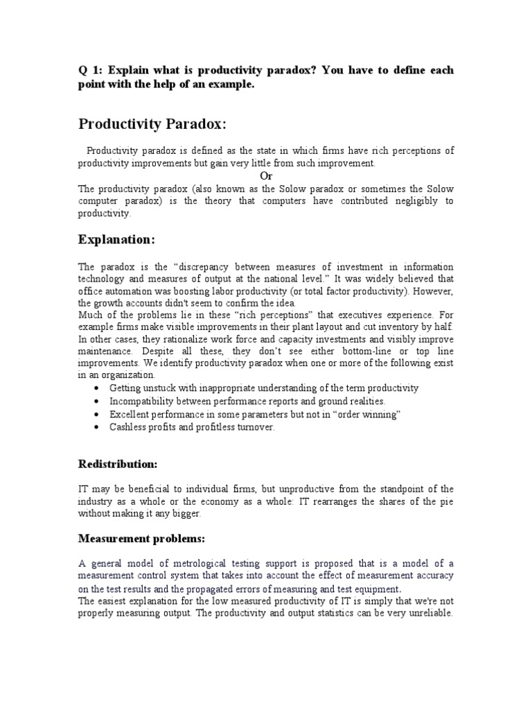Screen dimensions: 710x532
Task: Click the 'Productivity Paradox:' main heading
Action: point(152,124)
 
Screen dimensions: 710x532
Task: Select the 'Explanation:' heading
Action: point(117,239)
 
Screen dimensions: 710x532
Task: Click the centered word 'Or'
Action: point(265,175)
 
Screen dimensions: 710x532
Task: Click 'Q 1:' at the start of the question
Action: point(90,71)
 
